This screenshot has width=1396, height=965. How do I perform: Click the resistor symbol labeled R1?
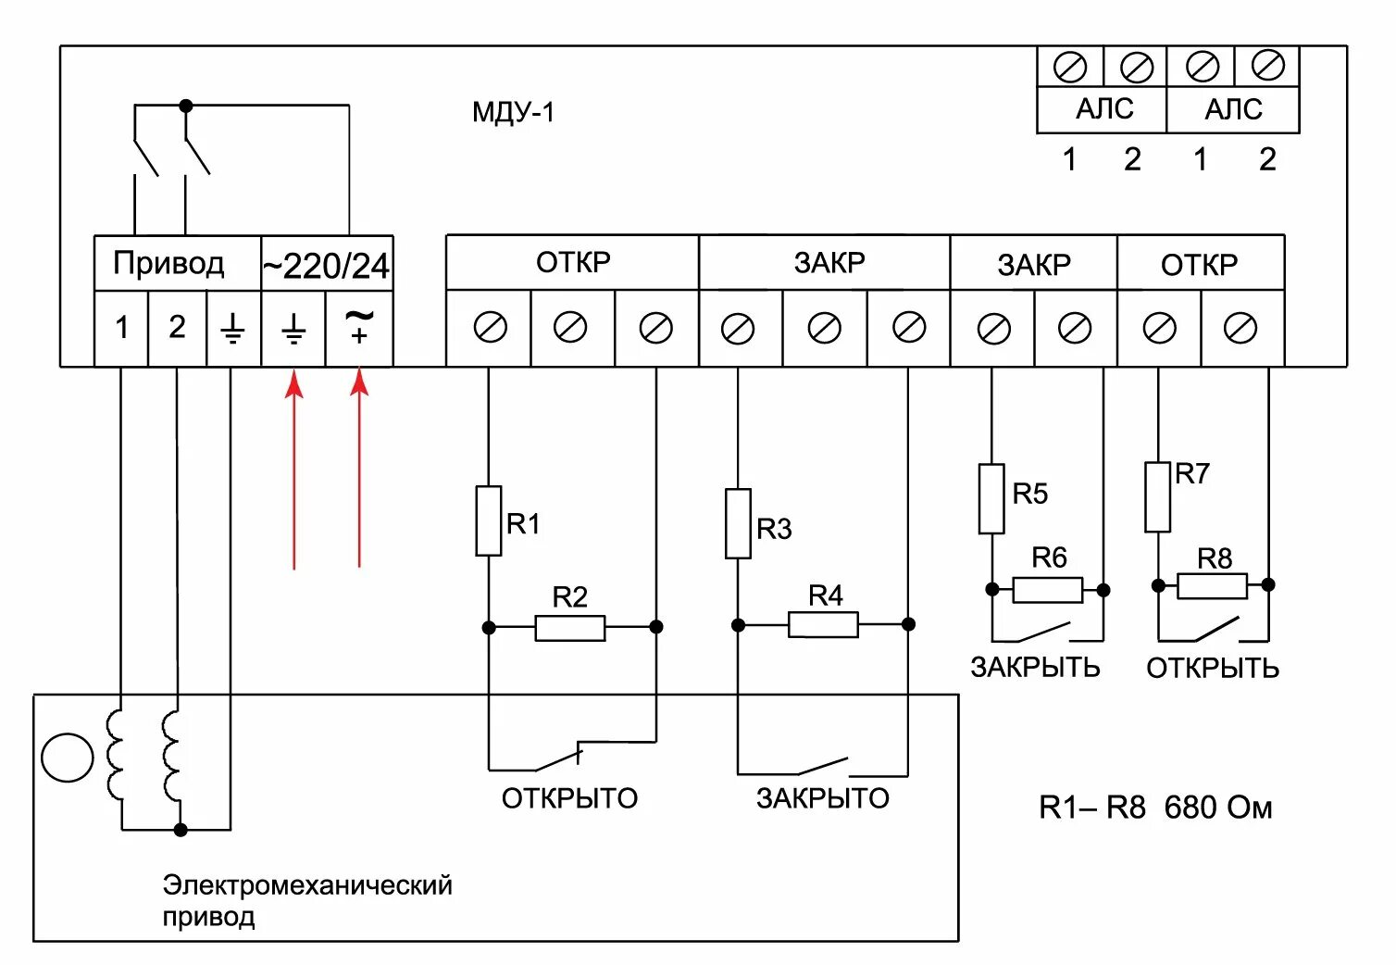(489, 520)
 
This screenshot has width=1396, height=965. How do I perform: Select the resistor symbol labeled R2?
(570, 628)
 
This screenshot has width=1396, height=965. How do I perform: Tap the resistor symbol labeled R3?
(738, 523)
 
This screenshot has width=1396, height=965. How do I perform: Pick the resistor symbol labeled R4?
(823, 625)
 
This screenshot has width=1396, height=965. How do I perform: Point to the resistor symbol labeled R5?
(991, 499)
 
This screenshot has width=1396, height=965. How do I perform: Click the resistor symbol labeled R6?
(1047, 590)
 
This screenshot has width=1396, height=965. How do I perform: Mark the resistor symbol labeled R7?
(1157, 497)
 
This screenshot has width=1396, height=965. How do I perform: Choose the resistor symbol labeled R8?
(1212, 585)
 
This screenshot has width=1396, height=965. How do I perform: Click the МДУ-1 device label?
(513, 113)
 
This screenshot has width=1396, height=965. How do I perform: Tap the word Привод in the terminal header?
(168, 264)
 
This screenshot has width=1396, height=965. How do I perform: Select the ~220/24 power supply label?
(326, 267)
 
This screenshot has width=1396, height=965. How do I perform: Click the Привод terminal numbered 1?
(121, 328)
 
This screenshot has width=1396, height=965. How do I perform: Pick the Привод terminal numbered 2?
(177, 328)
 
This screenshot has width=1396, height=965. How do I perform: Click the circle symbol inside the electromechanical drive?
(68, 758)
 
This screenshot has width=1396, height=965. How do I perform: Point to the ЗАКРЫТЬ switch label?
(1035, 668)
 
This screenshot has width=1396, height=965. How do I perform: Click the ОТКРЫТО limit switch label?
(569, 798)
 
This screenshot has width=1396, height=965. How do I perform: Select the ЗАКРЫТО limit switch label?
(822, 798)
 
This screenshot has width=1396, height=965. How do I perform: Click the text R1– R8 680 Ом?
(1155, 808)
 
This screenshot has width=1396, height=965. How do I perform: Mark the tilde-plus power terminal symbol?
(359, 328)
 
